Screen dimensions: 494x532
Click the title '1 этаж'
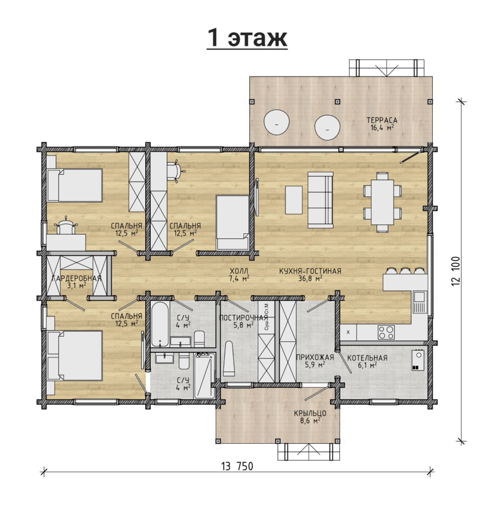(247, 38)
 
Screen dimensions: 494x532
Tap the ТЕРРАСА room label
(382, 120)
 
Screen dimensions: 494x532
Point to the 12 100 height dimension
(455, 271)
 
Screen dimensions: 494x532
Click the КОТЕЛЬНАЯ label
(367, 358)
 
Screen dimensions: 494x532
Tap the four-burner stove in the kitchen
(386, 332)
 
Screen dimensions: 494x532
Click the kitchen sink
(419, 302)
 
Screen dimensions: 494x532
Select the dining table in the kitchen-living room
(382, 202)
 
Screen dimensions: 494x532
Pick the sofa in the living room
(320, 200)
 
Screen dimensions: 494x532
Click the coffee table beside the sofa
(294, 200)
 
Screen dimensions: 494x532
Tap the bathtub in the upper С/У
(160, 324)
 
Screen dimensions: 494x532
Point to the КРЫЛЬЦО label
(310, 413)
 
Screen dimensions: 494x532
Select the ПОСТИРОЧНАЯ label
(244, 318)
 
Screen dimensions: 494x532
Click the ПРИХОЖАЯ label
(315, 357)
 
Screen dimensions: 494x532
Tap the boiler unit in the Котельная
(418, 360)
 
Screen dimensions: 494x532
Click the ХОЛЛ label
(239, 271)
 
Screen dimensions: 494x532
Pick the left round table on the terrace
(277, 122)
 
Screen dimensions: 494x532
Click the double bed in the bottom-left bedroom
(75, 355)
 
